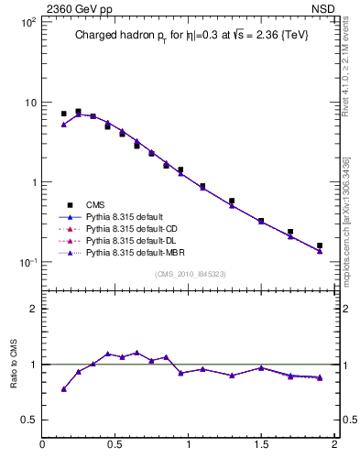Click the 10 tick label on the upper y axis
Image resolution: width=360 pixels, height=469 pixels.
28,102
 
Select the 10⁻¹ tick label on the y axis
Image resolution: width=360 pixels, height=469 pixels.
26,263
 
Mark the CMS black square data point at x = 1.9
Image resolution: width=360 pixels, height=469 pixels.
320,245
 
